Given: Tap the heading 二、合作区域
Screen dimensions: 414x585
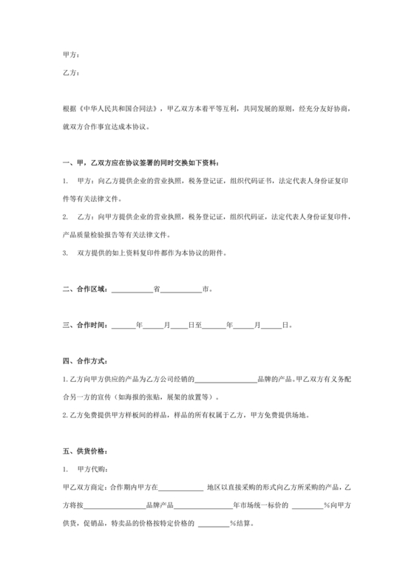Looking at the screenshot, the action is [85, 289].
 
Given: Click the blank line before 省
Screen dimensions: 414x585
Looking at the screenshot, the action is [132, 289].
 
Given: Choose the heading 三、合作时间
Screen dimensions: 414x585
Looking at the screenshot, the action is [85, 325].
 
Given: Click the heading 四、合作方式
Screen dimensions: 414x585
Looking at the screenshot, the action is [85, 361].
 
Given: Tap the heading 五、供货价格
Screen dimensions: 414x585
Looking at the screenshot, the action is [85, 451].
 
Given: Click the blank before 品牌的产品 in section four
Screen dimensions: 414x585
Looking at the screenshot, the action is [225, 379].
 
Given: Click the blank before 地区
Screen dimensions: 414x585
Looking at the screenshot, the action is [181, 487].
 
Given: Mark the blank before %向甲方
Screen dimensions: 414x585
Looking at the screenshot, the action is [307, 505].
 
